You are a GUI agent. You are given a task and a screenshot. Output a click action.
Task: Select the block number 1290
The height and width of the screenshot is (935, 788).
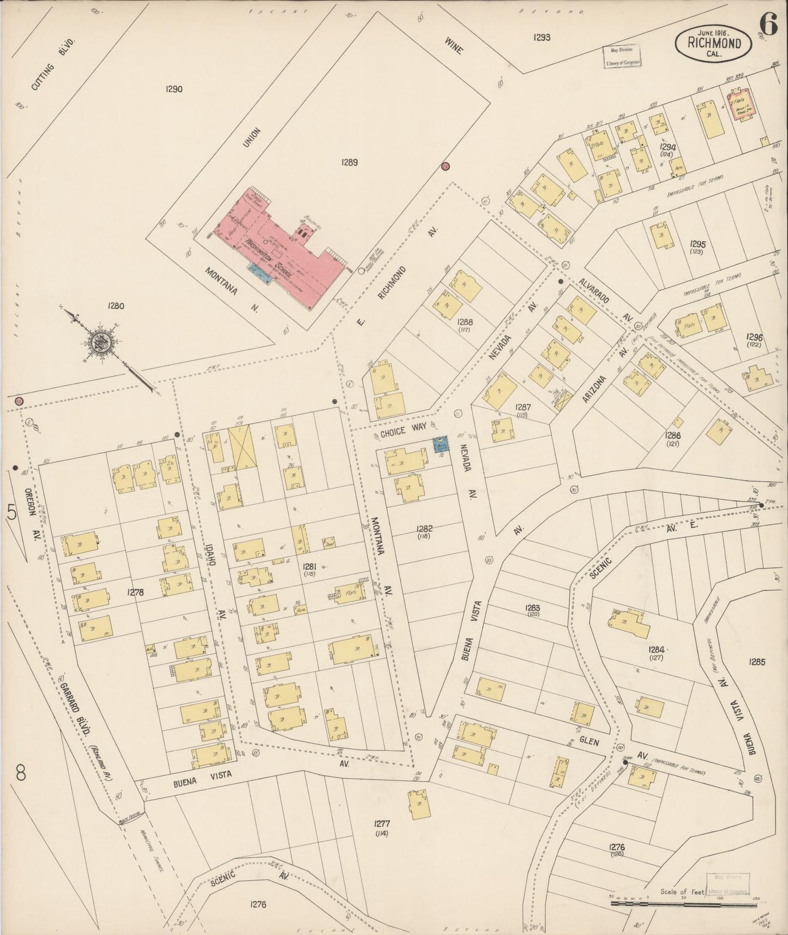pos(173,89)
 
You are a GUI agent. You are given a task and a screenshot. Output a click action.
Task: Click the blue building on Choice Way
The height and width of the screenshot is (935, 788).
pos(440,445)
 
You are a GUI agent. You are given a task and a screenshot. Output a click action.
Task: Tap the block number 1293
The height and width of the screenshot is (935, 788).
pos(542,38)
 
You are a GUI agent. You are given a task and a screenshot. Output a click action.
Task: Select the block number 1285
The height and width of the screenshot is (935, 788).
pos(757,662)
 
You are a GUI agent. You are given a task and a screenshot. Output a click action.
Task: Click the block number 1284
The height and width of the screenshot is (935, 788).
pos(657,650)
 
